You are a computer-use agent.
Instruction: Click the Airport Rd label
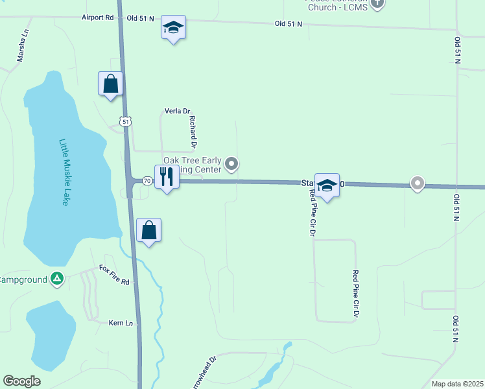(98, 18)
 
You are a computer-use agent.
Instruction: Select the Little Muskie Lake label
(64, 172)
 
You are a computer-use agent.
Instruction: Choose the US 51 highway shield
(125, 121)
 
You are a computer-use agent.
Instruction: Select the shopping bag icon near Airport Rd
(111, 84)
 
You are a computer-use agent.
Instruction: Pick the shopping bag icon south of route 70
(149, 230)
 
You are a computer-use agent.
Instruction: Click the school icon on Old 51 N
(173, 27)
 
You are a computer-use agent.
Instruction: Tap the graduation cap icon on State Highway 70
(327, 185)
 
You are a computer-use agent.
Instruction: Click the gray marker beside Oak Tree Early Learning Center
(232, 165)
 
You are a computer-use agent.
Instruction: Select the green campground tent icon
(57, 279)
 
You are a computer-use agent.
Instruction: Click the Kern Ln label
(121, 322)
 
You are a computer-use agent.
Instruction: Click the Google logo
(21, 381)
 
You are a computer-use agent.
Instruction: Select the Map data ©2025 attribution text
(457, 384)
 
